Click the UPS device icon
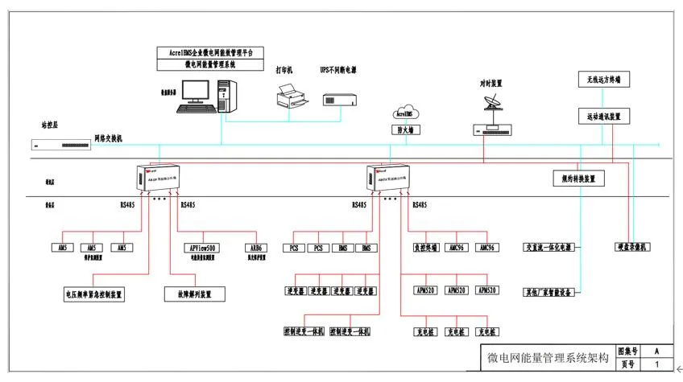click(338, 99)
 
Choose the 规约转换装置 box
click(578, 179)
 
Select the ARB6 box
click(255, 248)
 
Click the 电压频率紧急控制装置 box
click(94, 294)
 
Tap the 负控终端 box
click(425, 248)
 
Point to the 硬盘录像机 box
click(632, 247)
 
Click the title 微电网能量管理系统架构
click(548, 358)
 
